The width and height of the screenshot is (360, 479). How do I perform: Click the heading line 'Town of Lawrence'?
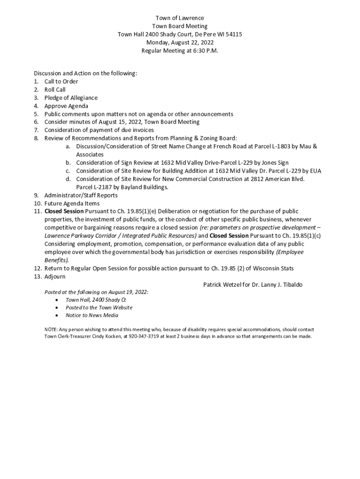click(x=180, y=18)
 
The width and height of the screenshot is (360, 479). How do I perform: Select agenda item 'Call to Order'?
click(x=61, y=81)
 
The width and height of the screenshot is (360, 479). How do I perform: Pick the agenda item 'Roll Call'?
click(x=55, y=89)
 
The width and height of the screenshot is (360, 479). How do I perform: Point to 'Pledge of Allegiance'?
click(x=71, y=98)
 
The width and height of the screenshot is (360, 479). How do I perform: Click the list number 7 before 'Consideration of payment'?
click(x=36, y=130)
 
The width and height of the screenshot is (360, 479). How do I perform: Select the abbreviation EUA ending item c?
click(x=315, y=171)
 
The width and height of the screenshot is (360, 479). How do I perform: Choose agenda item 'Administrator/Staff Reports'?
click(x=81, y=195)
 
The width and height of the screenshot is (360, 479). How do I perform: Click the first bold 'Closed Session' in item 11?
click(x=64, y=211)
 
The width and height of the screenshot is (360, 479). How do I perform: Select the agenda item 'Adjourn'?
click(x=55, y=276)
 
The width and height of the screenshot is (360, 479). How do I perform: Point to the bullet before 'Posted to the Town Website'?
click(x=57, y=308)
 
